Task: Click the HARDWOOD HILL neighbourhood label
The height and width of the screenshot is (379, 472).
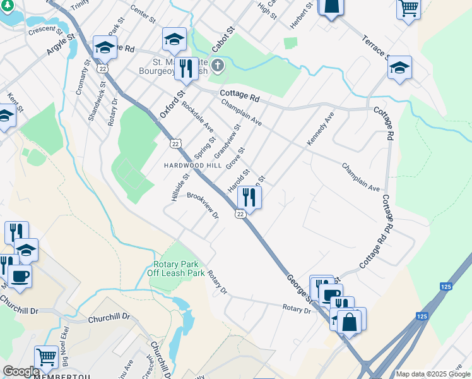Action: tap(193, 164)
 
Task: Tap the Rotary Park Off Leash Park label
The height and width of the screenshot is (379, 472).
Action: tap(176, 268)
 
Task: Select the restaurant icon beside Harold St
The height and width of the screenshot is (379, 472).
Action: tap(249, 198)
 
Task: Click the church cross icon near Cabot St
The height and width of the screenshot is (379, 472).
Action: tap(218, 66)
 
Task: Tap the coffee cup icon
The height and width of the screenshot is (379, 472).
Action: tap(20, 276)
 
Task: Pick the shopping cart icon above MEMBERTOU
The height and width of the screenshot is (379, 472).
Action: tap(46, 357)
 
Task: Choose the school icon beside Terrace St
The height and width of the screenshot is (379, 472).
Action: tap(399, 68)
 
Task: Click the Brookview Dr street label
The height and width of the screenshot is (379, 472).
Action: tap(203, 205)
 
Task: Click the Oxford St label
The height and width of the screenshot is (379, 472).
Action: tap(171, 104)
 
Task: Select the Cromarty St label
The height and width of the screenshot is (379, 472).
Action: tap(82, 78)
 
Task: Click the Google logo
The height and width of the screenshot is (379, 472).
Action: tap(21, 371)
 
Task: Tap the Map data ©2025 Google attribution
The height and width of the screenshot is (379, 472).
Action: tap(433, 374)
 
